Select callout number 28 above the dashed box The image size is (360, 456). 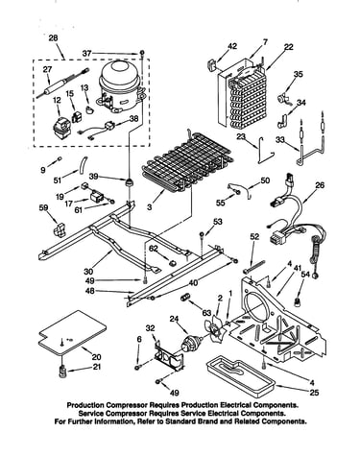pos(53,37)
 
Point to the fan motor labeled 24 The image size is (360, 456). pos(190,344)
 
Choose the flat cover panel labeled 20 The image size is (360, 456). pos(72,333)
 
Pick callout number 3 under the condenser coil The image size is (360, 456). pos(150,207)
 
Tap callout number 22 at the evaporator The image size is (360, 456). pos(288,47)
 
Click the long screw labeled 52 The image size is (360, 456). pos(254,267)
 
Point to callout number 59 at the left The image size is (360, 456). pos(43,207)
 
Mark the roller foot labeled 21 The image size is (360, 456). pos(62,372)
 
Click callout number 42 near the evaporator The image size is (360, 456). pos(232,46)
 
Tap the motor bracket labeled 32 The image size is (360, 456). pos(169,356)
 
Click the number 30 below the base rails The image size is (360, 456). pos(88,272)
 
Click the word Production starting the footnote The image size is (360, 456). pos(85,405)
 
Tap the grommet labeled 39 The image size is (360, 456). pos(129,182)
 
